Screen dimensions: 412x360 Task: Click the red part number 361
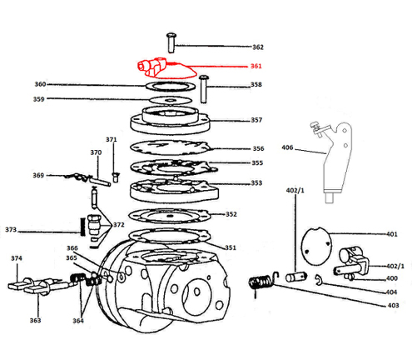pyautogui.click(x=256, y=66)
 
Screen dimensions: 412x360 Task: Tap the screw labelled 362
pyautogui.click(x=171, y=42)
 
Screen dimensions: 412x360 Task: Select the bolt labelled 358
pyautogui.click(x=204, y=89)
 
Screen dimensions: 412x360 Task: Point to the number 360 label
pyautogui.click(x=40, y=84)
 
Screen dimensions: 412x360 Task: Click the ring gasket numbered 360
pyautogui.click(x=171, y=87)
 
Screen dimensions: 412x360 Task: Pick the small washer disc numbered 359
pyautogui.click(x=171, y=100)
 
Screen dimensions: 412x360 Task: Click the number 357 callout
pyautogui.click(x=256, y=120)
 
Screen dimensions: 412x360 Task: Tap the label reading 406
pyautogui.click(x=287, y=147)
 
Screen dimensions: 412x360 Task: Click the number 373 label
pyautogui.click(x=11, y=230)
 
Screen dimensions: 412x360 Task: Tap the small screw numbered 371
pyautogui.click(x=116, y=177)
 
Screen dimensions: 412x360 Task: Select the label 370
pyautogui.click(x=96, y=152)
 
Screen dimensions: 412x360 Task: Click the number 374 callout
pyautogui.click(x=17, y=258)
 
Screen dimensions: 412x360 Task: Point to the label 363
pyautogui.click(x=35, y=320)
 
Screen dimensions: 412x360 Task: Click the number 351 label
pyautogui.click(x=231, y=247)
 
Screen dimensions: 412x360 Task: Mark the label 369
pyautogui.click(x=38, y=175)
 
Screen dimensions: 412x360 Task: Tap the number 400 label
pyautogui.click(x=392, y=278)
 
